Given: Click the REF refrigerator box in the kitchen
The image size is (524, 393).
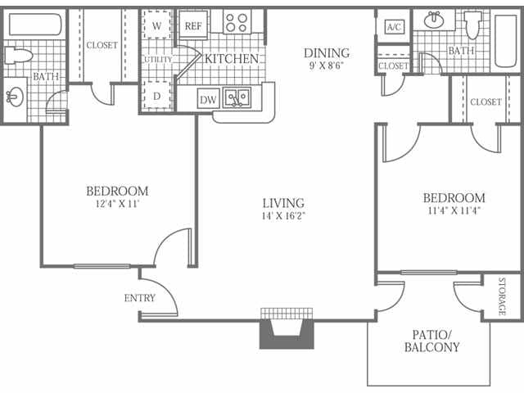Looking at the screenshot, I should [x=192, y=25].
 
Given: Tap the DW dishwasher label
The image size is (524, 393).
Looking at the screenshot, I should [x=209, y=100].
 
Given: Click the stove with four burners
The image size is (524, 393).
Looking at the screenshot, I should [x=237, y=22].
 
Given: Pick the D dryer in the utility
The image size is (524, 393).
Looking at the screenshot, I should [x=156, y=97].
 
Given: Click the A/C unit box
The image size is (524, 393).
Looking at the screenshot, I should [x=394, y=26].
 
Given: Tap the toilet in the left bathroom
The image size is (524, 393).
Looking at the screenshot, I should [x=18, y=56].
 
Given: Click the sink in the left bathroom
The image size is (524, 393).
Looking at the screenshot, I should [x=16, y=97].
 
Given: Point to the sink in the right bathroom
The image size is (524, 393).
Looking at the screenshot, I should [x=430, y=20].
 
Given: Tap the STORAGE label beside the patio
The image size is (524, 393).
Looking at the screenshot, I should [x=503, y=296].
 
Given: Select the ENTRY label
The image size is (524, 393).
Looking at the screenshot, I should [x=139, y=298].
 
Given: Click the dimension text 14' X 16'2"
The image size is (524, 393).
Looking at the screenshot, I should [x=283, y=217].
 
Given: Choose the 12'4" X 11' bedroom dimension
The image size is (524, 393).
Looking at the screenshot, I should [x=117, y=205].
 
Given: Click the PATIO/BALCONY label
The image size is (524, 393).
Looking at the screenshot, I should [x=431, y=341].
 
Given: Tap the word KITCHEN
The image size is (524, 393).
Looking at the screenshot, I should [x=232, y=59].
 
